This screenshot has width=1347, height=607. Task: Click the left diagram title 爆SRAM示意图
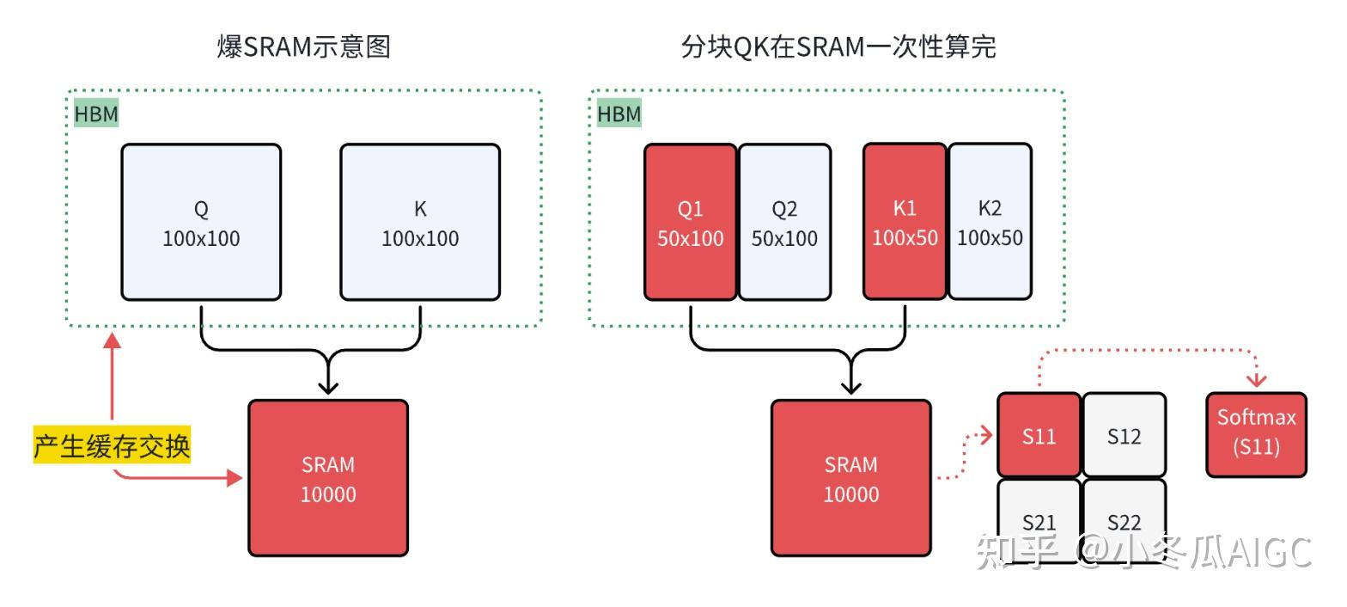coord(304,47)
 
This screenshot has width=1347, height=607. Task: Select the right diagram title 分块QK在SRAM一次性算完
coord(838,47)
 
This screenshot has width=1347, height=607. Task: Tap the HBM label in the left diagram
coord(95,113)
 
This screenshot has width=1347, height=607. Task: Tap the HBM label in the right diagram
coord(619,113)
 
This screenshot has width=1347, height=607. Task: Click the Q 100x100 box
coord(201,223)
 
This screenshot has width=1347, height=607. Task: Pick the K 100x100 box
coord(420,223)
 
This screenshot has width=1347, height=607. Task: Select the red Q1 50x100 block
coord(691,223)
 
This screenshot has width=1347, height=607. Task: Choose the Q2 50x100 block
coord(784,223)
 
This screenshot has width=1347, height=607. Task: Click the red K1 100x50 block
coord(905,223)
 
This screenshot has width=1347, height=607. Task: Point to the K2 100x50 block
coord(990,223)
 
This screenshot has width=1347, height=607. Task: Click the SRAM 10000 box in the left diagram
coord(328,478)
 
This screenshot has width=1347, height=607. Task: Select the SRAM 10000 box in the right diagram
coord(850,478)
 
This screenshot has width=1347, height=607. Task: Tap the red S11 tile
coord(1039,435)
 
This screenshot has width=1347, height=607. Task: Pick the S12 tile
coord(1124,435)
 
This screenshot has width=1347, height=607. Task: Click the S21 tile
coord(1039,519)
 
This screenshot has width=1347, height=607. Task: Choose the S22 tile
coord(1124,519)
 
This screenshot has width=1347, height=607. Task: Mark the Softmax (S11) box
coord(1256,434)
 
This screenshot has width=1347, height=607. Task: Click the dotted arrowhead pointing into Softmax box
coord(1257,380)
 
